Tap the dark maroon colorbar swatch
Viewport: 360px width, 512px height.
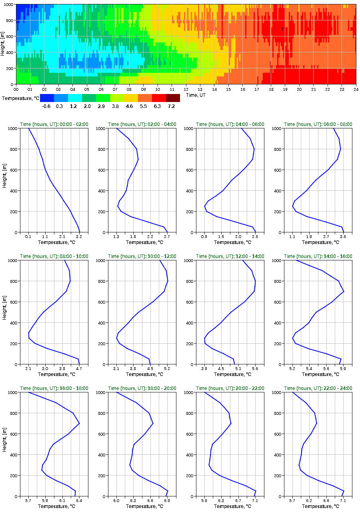pos(173,98)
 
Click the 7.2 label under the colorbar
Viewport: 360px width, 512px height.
pos(171,106)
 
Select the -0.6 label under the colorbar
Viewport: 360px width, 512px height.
pos(46,106)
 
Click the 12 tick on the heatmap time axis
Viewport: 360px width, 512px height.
pos(186,89)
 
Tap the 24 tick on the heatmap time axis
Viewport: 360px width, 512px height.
pos(356,89)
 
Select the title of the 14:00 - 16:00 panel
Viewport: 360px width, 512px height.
pos(318,256)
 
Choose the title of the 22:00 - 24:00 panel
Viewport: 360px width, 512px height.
pos(318,388)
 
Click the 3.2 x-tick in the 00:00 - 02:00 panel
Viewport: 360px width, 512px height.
pos(79,237)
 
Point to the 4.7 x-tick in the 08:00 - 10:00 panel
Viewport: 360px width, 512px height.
pos(79,369)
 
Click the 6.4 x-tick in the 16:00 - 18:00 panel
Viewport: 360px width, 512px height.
pos(79,501)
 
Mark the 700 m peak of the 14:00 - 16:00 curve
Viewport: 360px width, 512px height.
pos(344,291)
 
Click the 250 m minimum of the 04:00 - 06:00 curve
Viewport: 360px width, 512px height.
pos(204,206)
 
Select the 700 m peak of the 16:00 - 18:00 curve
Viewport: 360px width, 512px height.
pos(80,423)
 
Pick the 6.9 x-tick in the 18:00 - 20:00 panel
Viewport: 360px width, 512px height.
pos(167,501)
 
